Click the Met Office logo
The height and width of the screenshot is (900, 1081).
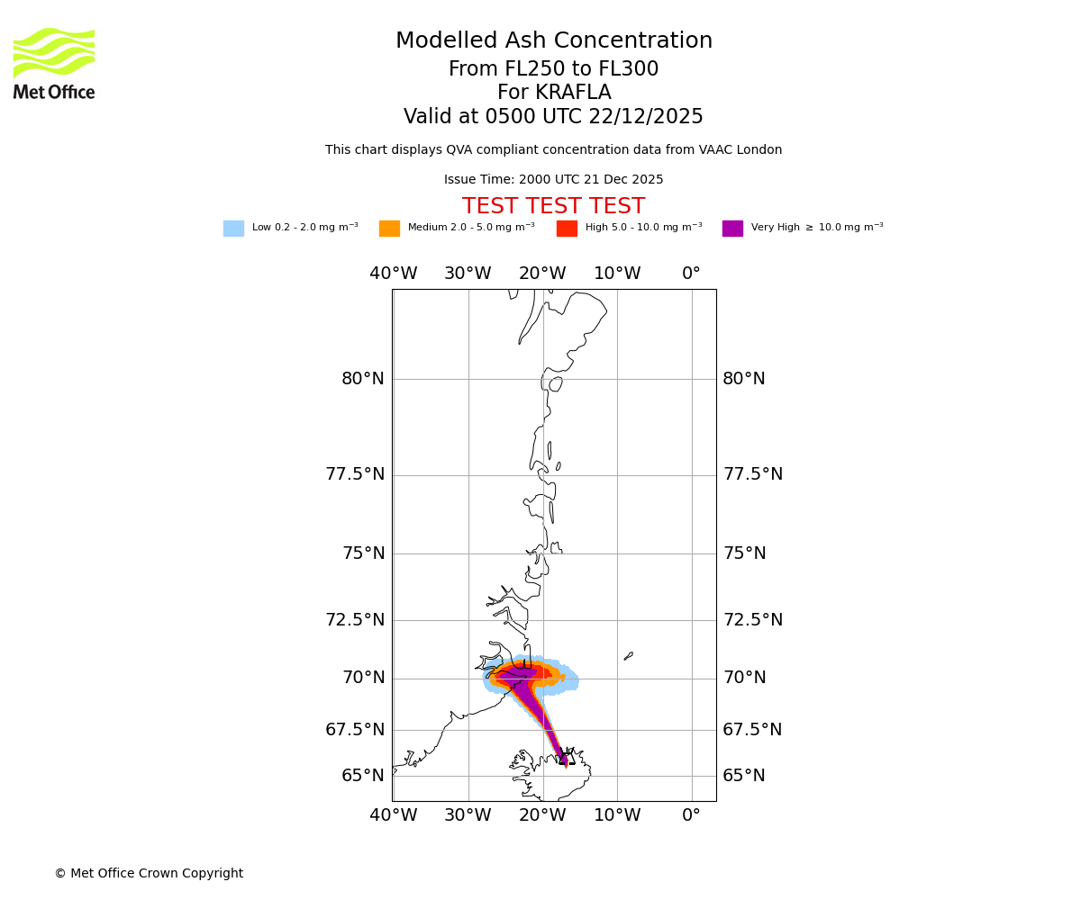click(x=54, y=64)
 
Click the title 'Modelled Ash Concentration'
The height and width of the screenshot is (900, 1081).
click(x=554, y=41)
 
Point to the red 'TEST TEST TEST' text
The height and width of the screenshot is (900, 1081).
click(x=553, y=207)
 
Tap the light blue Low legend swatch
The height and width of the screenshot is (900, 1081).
click(x=233, y=229)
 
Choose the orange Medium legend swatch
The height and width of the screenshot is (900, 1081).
click(x=389, y=229)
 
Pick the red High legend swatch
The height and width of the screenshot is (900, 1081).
click(x=567, y=229)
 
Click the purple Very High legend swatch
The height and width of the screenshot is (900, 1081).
click(x=732, y=229)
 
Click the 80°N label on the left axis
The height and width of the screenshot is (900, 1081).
click(x=363, y=379)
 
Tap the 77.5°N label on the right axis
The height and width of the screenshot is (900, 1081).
click(x=752, y=474)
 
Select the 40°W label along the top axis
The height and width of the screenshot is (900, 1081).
click(x=394, y=274)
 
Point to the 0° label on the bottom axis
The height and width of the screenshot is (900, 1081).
click(x=691, y=815)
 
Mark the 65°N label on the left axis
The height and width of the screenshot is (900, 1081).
click(x=363, y=776)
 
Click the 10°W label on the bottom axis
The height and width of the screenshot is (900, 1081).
click(x=617, y=815)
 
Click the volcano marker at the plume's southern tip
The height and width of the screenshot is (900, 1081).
click(x=566, y=757)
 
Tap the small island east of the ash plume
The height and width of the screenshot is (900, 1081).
click(x=628, y=656)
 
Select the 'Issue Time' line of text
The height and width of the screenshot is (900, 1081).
click(x=553, y=180)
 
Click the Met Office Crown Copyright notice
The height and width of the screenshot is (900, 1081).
click(x=149, y=873)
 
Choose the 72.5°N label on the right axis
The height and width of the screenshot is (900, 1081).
click(x=752, y=620)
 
